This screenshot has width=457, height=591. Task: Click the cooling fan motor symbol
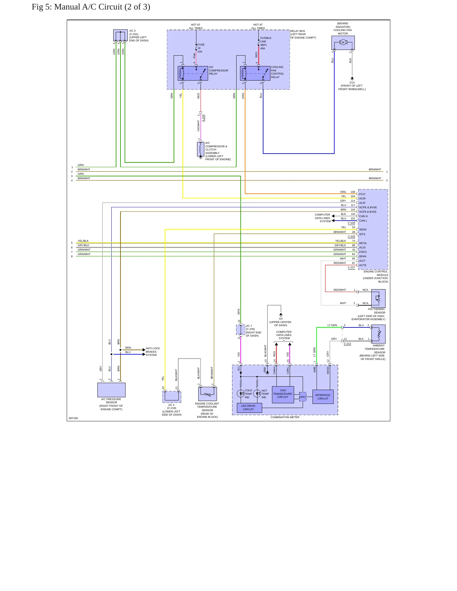coord(343,43)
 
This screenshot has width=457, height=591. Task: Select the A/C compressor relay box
coord(193,73)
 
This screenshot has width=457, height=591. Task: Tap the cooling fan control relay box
coord(255,73)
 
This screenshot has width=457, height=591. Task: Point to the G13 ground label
coord(352,82)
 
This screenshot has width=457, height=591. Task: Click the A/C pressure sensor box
coord(111,390)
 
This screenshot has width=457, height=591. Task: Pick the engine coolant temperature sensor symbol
coord(207,394)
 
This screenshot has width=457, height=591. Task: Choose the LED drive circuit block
coord(249,408)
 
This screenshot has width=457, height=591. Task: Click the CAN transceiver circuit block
coord(283,394)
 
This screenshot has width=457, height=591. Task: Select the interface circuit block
coord(323,397)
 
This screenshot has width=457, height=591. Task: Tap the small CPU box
coord(303,397)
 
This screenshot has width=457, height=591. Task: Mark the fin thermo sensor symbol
coord(378,298)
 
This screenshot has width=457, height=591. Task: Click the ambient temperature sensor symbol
coord(378,334)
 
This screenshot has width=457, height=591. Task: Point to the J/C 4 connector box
coord(172,396)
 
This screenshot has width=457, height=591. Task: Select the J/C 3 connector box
coord(120,35)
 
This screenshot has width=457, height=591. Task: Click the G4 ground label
coord(281,319)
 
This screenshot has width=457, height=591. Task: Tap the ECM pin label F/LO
coord(362,194)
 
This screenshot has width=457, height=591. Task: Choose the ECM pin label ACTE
coord(363,265)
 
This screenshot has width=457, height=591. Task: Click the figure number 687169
coord(73,418)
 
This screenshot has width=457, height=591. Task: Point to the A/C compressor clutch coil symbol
coord(201,149)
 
